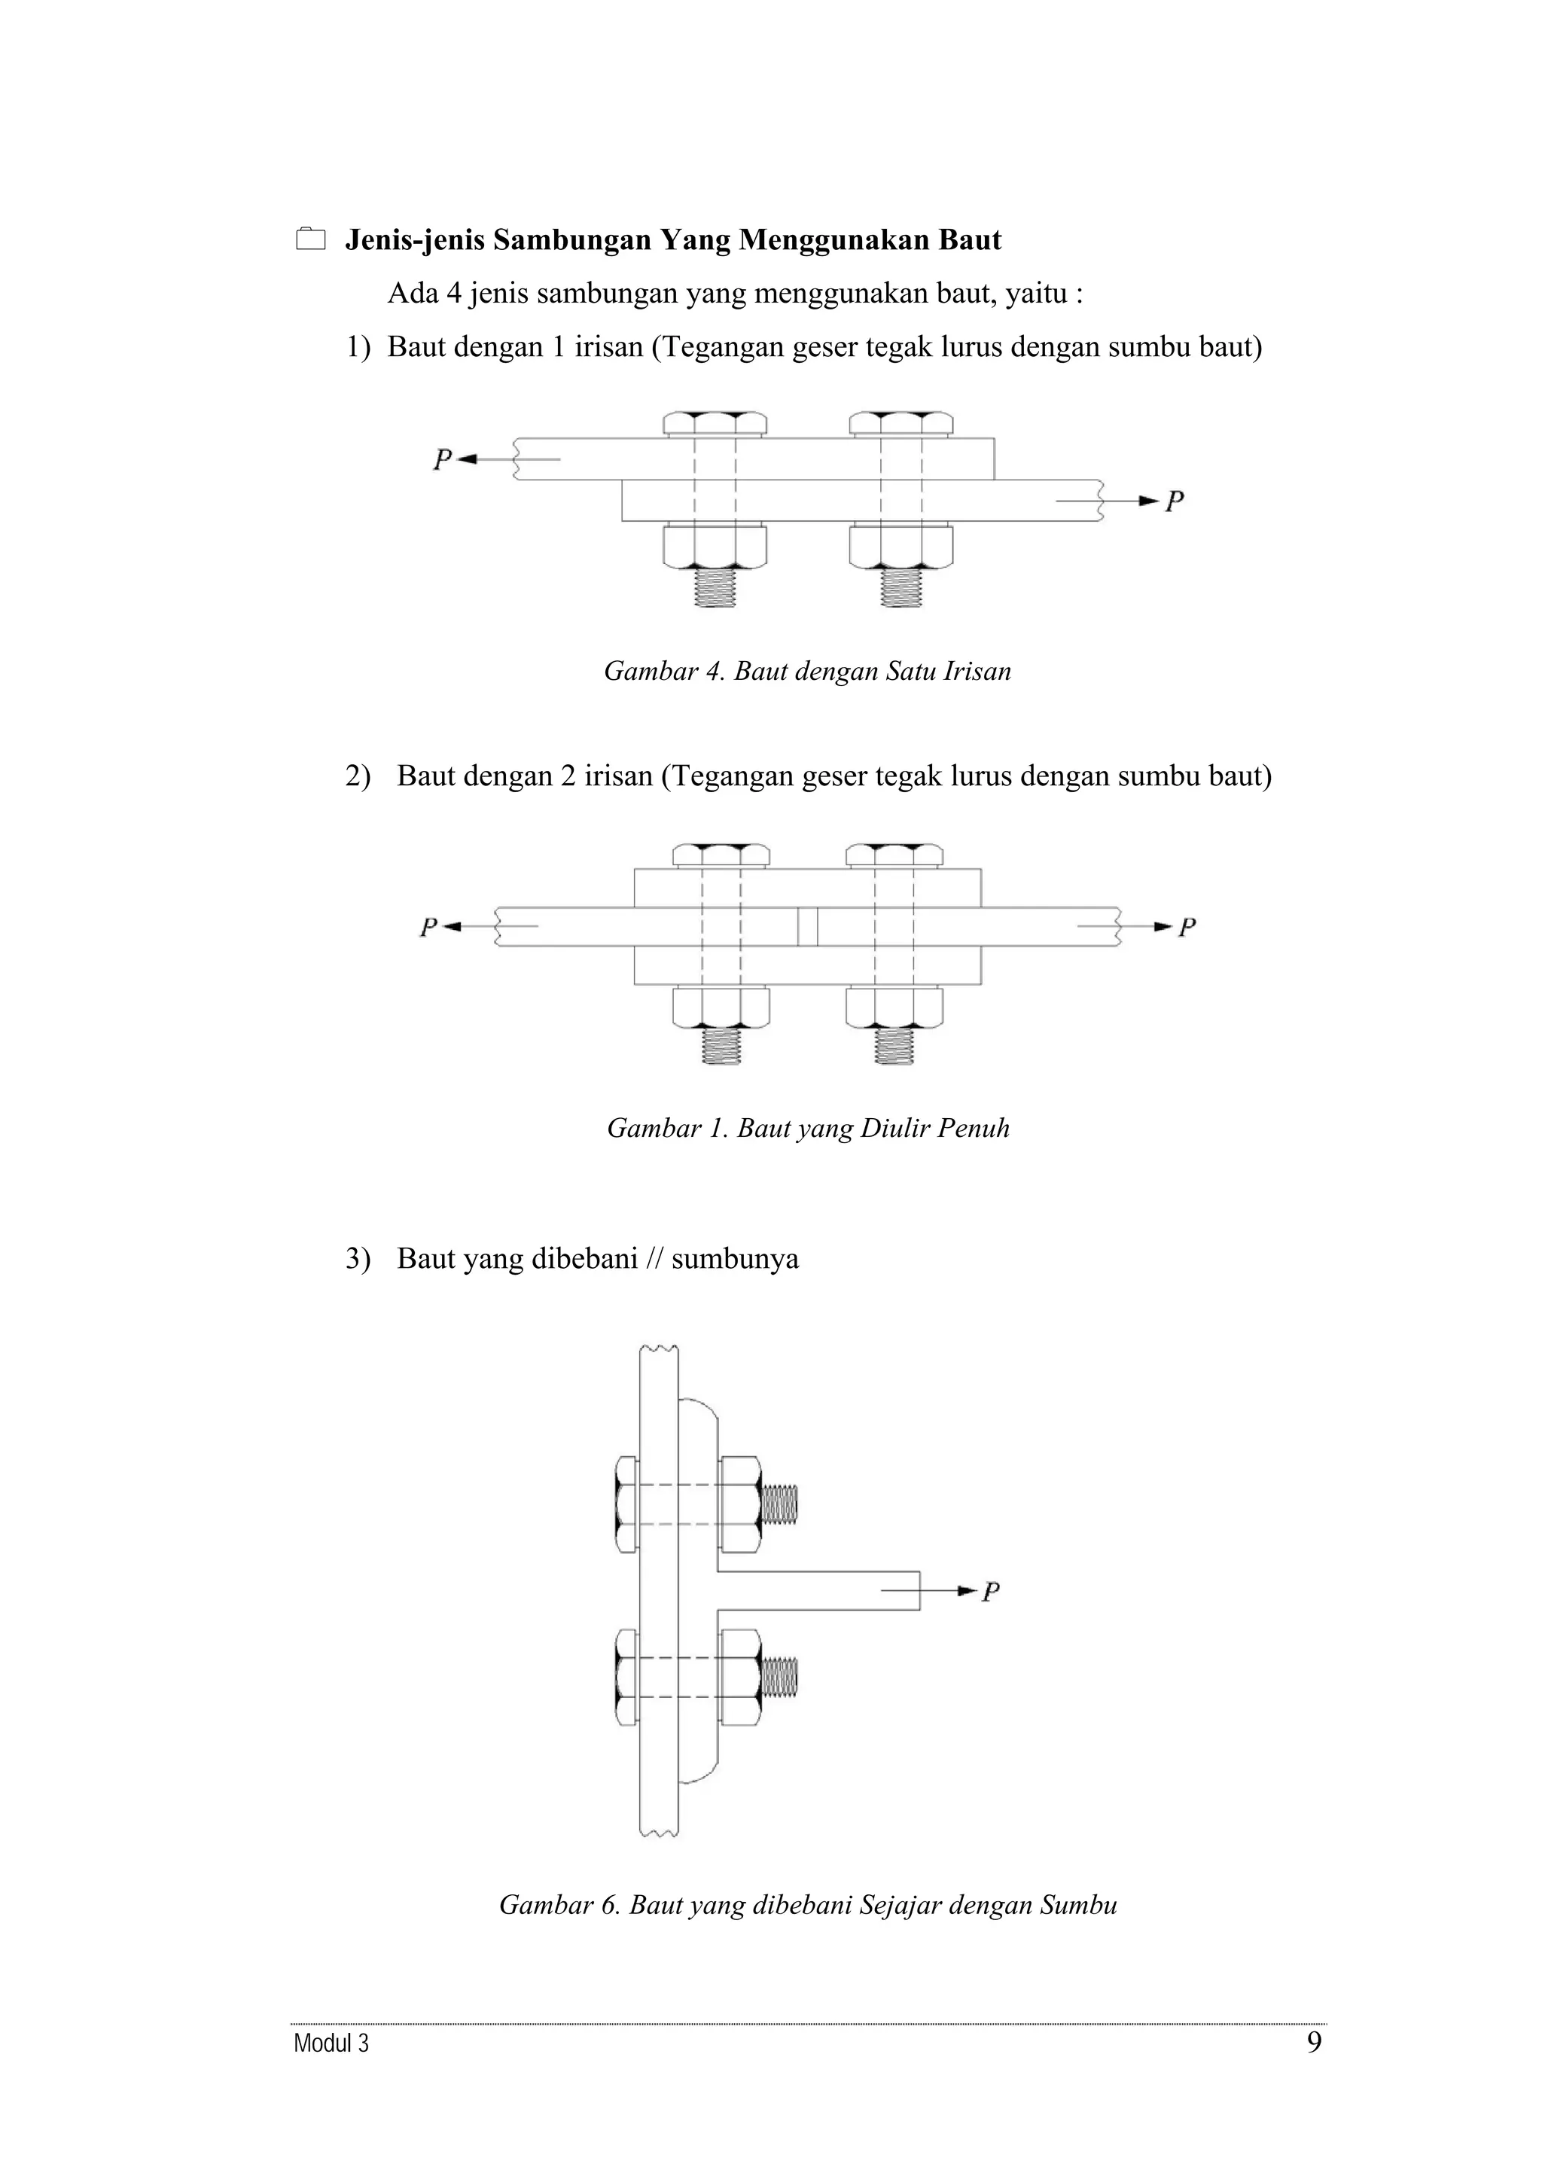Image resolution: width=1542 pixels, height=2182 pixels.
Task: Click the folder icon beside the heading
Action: [x=309, y=239]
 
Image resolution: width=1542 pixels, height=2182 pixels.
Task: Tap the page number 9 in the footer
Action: [x=1314, y=2041]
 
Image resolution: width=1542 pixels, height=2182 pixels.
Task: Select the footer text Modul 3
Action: [x=331, y=2043]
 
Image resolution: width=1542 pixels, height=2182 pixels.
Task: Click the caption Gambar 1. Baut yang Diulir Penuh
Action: [x=808, y=1128]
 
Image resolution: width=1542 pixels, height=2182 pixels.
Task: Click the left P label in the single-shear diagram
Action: [x=442, y=460]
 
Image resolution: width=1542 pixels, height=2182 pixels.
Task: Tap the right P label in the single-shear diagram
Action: [x=1175, y=501]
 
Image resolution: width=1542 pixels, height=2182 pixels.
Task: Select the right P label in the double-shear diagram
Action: [x=1187, y=927]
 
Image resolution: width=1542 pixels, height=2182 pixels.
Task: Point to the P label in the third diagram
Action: [x=991, y=1591]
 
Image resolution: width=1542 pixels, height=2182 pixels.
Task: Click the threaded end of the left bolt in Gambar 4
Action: [x=715, y=587]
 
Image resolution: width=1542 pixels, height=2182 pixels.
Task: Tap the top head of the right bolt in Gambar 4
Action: [x=901, y=424]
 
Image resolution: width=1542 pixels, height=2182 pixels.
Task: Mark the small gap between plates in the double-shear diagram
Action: [x=808, y=927]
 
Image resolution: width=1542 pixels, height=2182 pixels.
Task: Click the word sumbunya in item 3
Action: [x=734, y=1258]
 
